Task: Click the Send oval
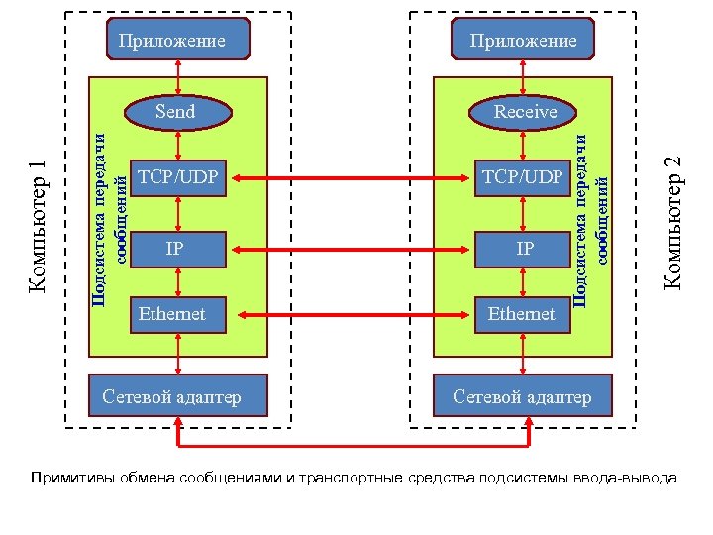(x=176, y=111)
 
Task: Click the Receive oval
(x=526, y=111)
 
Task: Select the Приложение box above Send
(x=174, y=41)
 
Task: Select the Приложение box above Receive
(x=524, y=41)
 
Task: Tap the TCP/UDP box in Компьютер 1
(x=176, y=178)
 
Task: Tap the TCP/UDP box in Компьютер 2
(x=522, y=178)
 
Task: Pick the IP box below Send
(x=176, y=247)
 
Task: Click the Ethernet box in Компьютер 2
(x=522, y=315)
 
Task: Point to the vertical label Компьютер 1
(x=39, y=226)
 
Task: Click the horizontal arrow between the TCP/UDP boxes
(x=350, y=179)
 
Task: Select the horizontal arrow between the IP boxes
(x=350, y=248)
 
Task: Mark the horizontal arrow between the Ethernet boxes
(x=350, y=315)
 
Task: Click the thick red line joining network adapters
(x=350, y=445)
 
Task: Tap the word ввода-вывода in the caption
(x=631, y=479)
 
